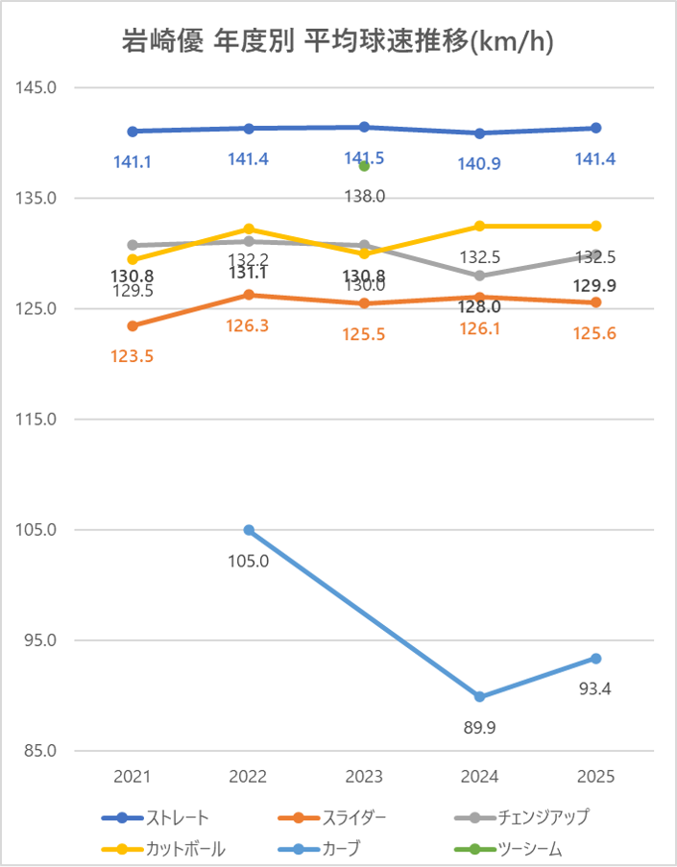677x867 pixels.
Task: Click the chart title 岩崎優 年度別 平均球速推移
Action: click(338, 42)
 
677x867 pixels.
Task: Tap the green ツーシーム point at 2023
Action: click(365, 166)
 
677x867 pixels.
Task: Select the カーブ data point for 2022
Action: click(249, 530)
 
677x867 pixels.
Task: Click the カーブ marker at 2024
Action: click(480, 697)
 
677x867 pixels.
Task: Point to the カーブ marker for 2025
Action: click(596, 659)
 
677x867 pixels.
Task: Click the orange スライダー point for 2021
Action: click(133, 325)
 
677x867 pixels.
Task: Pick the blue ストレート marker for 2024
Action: click(480, 133)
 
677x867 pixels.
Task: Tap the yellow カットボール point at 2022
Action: click(249, 229)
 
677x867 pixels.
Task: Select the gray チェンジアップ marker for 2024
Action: click(480, 276)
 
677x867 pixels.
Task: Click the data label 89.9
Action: click(480, 728)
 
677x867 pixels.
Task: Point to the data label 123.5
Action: click(133, 356)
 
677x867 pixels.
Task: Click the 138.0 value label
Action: click(365, 196)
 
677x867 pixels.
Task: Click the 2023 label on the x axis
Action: click(365, 776)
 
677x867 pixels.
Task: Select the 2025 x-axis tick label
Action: click(596, 776)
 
